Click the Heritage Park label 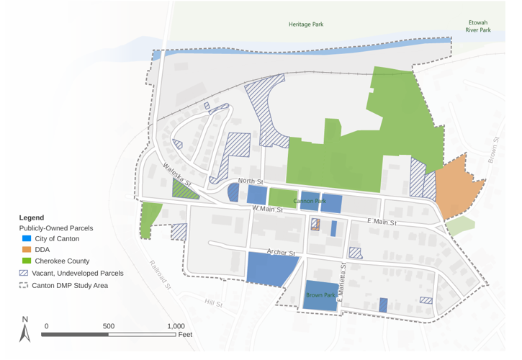(306, 24)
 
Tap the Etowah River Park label (478, 27)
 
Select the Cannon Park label (310, 201)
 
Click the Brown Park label (320, 295)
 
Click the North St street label (251, 181)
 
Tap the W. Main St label (267, 209)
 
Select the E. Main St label (382, 222)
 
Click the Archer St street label (281, 253)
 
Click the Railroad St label (160, 274)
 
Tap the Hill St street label (214, 302)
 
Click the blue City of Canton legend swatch (25, 238)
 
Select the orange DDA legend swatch (25, 250)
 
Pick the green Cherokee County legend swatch (25, 261)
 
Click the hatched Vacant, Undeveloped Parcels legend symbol (24, 274)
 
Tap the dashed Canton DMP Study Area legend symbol (24, 285)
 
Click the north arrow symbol (25, 331)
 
